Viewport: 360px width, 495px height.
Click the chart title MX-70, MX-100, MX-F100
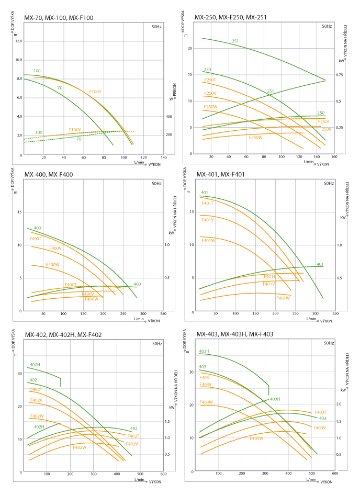pos(59,18)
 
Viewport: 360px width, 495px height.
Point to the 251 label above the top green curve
pos(235,41)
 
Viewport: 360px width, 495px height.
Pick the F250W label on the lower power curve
pos(255,137)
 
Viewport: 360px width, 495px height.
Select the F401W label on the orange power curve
pos(283,298)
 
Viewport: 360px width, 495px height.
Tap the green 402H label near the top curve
pos(35,364)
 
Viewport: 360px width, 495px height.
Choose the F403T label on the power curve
pos(320,412)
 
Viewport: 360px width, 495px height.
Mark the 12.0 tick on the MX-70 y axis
pos(19,41)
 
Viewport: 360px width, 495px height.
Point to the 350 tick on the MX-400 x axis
pos(163,314)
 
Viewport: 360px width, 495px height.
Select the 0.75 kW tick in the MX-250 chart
pos(340,75)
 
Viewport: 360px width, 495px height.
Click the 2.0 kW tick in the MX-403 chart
pos(338,404)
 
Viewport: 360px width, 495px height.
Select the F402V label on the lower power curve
pos(132,444)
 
